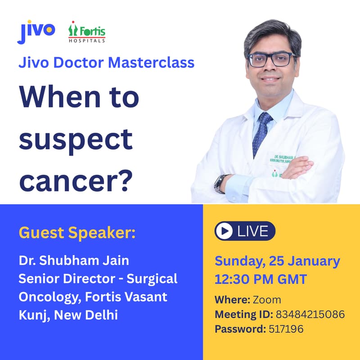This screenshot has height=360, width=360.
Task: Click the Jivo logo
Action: click(x=36, y=31)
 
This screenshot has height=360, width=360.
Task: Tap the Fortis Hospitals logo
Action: click(x=87, y=33)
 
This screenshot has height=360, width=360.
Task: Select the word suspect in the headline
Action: click(x=76, y=140)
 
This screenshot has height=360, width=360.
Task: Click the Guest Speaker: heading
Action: click(x=77, y=233)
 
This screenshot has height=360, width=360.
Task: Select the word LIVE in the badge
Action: click(x=252, y=231)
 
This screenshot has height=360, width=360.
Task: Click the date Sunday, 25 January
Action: click(x=277, y=261)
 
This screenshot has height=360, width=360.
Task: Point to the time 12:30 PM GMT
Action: click(x=261, y=279)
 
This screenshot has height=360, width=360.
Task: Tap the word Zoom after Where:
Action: click(x=267, y=299)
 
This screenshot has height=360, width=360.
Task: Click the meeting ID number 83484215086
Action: click(x=310, y=314)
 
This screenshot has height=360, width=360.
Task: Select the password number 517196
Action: click(x=286, y=329)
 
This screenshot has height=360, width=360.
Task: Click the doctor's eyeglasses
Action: click(x=272, y=59)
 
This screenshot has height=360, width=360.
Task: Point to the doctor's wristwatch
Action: click(x=220, y=183)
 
